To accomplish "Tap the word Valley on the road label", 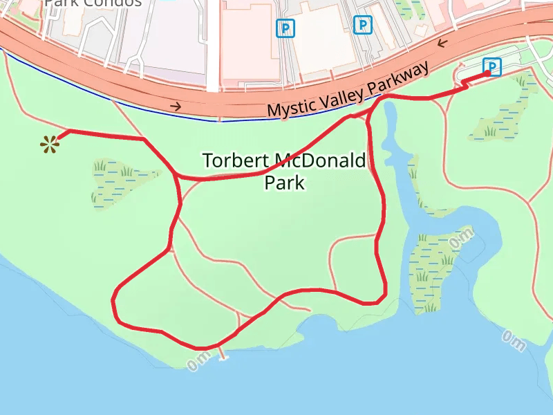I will [343, 94].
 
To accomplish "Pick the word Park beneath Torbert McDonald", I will [284, 183].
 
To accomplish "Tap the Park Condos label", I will [93, 3].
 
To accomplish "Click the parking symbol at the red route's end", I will [491, 66].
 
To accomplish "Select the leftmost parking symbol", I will [285, 28].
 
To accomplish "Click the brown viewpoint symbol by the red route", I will [48, 144].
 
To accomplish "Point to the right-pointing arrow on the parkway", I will [177, 106].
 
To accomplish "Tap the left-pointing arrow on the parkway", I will [442, 44].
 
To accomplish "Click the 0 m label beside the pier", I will [198, 361].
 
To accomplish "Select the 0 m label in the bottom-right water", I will [514, 340].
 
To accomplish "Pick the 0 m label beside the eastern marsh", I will [461, 239].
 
